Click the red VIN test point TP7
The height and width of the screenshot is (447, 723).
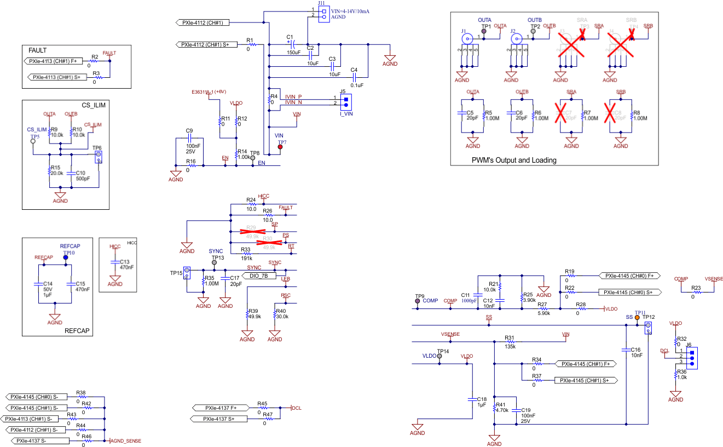(x=280, y=147)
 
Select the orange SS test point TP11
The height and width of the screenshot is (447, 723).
(x=637, y=318)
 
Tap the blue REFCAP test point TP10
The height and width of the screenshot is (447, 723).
(x=66, y=256)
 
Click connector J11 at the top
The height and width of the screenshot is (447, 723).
(x=323, y=14)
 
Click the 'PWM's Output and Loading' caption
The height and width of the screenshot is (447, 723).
(x=514, y=161)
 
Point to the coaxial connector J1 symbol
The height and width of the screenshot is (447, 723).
(x=466, y=39)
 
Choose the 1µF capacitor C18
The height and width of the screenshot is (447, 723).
(x=472, y=399)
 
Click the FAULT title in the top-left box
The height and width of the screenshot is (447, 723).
(x=37, y=50)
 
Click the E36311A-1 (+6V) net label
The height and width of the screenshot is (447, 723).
(x=209, y=91)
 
